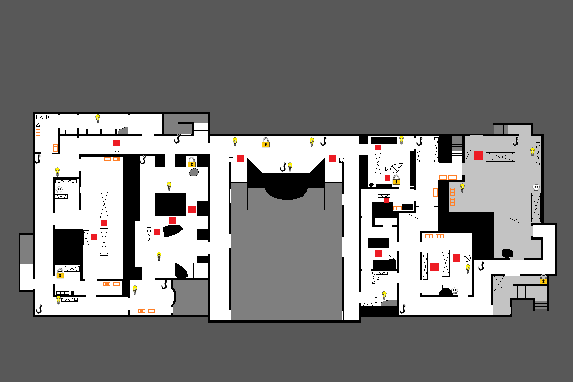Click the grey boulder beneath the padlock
coord(194,172)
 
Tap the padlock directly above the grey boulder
coord(192,162)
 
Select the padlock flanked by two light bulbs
coord(266,143)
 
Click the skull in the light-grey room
coord(536,188)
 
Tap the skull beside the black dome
coord(455,290)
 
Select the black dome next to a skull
coord(446,293)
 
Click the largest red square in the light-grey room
coord(478,156)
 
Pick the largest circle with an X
coord(395,169)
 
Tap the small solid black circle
coord(371,185)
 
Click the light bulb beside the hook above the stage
coord(290,167)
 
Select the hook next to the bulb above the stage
coord(283,167)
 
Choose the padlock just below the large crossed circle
coord(396,180)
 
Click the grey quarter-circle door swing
coord(124,131)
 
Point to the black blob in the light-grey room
coord(507,253)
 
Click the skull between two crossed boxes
coord(59,190)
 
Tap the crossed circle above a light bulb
coord(467,258)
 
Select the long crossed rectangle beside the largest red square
coord(501,157)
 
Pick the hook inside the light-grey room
coord(515,141)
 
